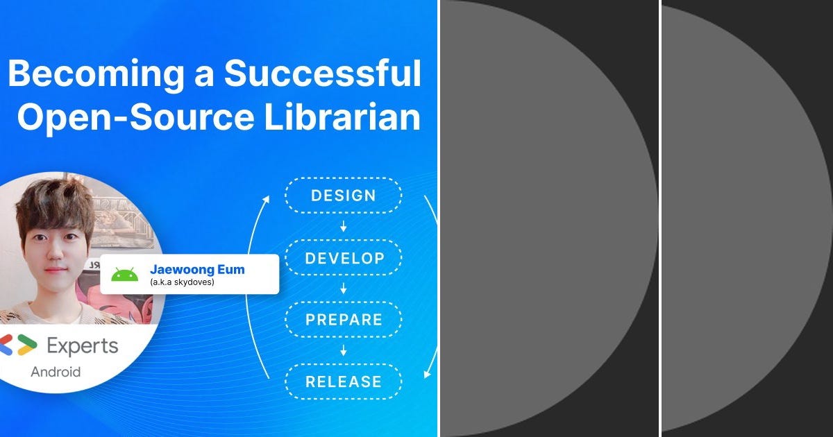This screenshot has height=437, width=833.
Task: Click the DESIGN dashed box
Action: tap(343, 195)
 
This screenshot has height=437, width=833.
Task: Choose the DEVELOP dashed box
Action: tap(343, 258)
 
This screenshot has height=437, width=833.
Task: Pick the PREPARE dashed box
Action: tap(343, 320)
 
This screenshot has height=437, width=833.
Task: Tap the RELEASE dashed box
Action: tap(343, 382)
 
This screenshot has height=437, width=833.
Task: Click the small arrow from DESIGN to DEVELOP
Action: tap(343, 227)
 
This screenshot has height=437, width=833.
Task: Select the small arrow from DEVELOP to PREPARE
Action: tap(343, 289)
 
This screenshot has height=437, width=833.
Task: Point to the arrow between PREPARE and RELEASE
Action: tap(343, 351)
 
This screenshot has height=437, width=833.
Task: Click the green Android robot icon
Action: tap(125, 274)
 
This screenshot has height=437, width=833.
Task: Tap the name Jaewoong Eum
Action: tap(197, 269)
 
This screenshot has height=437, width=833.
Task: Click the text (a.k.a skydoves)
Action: tap(182, 282)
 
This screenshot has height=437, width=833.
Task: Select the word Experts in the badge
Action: tap(82, 345)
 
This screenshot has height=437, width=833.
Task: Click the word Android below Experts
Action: tap(56, 372)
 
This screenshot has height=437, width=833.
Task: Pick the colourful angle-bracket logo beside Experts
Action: tap(17, 345)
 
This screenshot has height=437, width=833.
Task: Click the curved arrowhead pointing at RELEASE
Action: tap(427, 374)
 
